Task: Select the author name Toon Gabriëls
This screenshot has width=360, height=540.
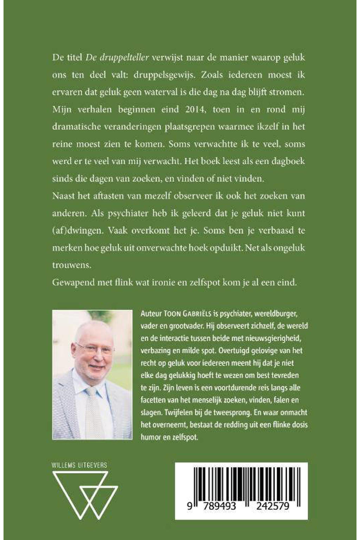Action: [183, 313]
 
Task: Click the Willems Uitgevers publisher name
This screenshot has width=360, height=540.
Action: [79, 465]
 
